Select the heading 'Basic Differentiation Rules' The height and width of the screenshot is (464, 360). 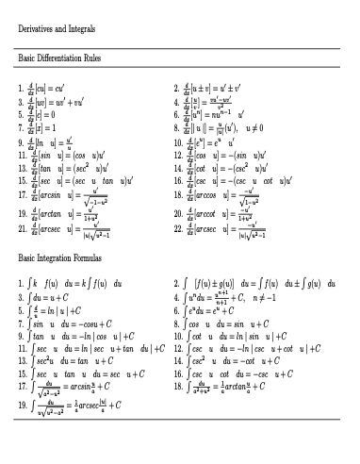pos(63,58)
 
